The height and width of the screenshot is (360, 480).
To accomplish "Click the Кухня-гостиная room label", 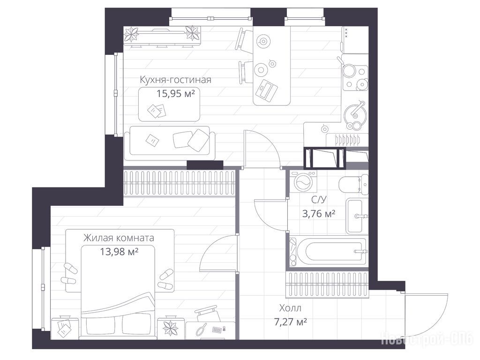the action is point(175,80).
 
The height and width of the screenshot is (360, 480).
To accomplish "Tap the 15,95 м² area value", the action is point(176,93).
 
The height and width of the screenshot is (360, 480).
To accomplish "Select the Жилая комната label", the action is point(119,238).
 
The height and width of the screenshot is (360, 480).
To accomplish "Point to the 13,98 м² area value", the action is point(119,252).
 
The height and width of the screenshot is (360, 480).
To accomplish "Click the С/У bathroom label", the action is point(319,200).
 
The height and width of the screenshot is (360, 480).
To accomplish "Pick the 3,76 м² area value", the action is point(319,213).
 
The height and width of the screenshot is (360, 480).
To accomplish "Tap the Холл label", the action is point(290,308).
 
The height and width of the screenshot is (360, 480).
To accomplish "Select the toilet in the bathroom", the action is point(353,184).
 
